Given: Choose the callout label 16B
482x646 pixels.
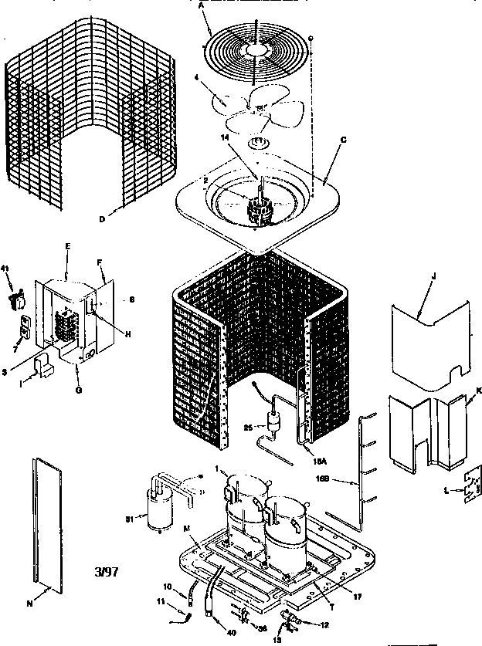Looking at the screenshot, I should click(x=345, y=479).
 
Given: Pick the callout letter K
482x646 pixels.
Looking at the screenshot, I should click(x=477, y=391).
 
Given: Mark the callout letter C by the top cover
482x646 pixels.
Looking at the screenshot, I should click(x=343, y=139).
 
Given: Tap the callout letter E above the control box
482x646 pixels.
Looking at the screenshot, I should click(x=68, y=245).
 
